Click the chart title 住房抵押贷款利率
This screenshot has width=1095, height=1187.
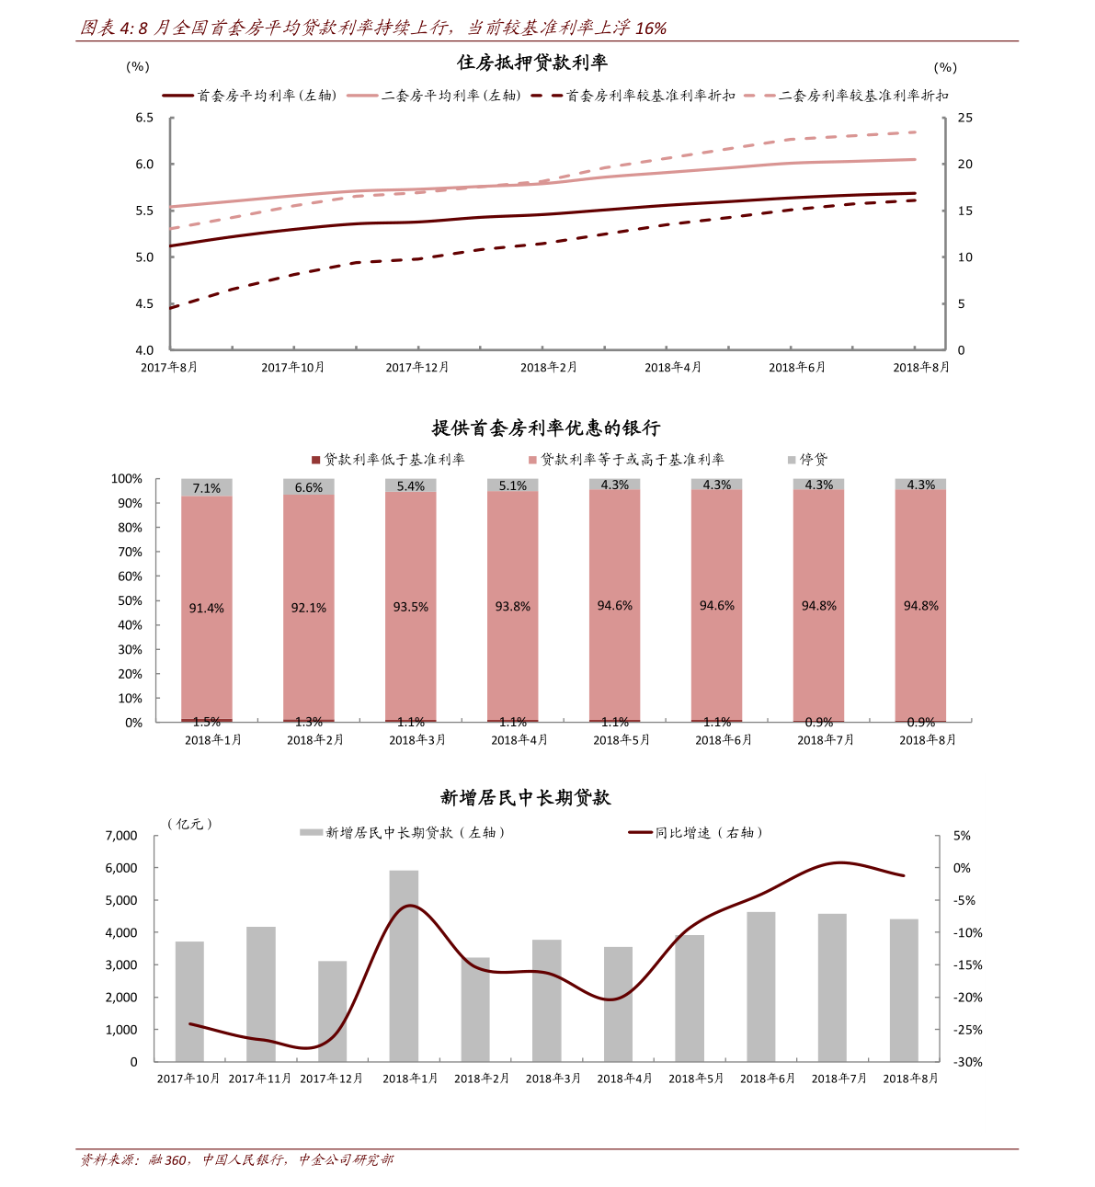532,63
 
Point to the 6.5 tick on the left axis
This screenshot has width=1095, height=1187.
144,118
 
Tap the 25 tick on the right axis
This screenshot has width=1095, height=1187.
964,118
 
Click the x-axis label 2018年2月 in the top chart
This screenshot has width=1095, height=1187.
549,368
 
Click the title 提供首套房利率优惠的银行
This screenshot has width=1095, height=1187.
546,428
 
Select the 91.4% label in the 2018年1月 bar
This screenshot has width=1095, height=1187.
207,609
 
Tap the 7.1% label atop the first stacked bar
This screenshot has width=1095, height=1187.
207,488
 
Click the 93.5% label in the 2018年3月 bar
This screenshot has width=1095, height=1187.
411,608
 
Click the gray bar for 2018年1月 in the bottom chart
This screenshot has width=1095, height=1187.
404,965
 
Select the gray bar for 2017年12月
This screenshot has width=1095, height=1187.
333,1011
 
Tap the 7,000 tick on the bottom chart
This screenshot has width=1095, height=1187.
121,836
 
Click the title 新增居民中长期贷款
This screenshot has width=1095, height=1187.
525,798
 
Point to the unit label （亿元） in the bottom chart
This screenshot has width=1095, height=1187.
191,824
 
